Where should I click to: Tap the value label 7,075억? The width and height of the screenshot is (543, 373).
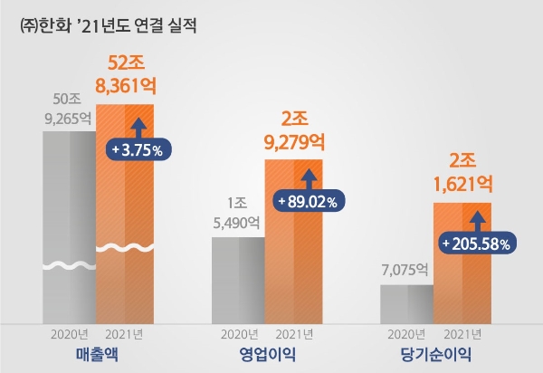[x=406, y=270]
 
